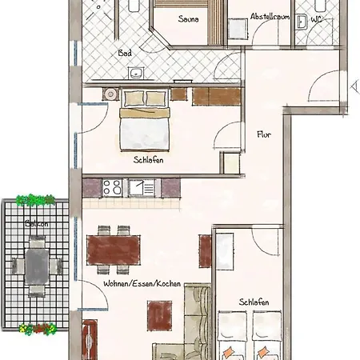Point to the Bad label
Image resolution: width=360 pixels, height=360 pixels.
pos(125,54)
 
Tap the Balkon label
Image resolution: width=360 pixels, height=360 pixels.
pos(34,224)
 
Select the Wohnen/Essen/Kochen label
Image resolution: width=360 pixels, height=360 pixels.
pos(142,285)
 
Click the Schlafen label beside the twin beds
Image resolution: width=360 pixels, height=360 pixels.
pos(254,302)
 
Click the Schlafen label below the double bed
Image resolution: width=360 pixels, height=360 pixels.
pos(150,159)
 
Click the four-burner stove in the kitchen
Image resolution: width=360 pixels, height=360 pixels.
pos(111,188)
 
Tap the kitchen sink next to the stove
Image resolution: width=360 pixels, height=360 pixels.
pos(143,188)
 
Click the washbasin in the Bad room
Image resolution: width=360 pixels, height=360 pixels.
pos(135,74)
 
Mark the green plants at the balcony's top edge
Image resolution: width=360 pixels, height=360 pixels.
pos(36,200)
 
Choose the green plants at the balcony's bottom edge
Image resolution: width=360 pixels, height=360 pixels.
pos(38,328)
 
